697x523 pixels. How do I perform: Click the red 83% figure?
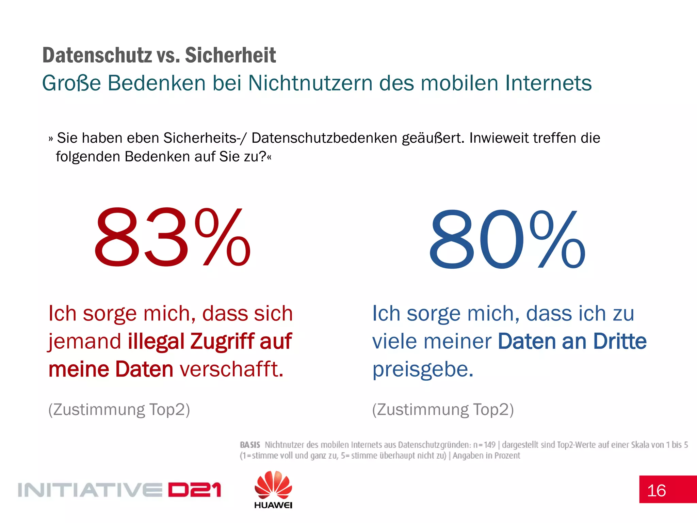point(172,237)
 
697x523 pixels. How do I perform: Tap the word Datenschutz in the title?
point(97,55)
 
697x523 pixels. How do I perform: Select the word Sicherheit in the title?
point(230,55)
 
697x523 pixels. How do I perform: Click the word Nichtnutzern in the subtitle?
point(310,83)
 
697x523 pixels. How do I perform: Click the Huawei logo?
point(273,490)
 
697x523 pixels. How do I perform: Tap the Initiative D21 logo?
point(119,490)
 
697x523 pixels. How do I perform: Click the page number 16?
point(656,491)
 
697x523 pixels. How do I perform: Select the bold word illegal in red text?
point(156,341)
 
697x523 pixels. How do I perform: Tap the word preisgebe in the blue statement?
point(422,370)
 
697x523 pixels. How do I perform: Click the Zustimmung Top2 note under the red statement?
point(119,410)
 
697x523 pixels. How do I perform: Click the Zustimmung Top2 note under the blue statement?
point(443,410)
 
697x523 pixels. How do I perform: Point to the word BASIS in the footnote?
point(250,445)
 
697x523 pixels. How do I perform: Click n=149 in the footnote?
point(484,445)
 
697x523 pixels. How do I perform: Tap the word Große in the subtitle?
point(71,83)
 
